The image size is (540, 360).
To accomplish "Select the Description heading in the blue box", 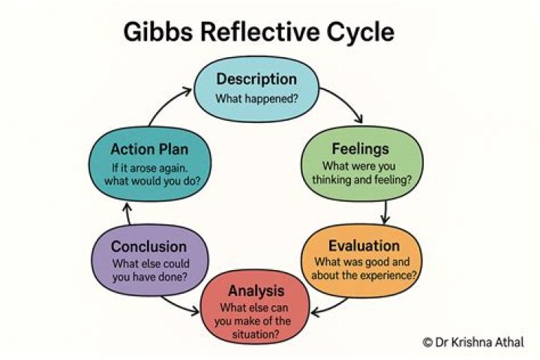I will [256, 79].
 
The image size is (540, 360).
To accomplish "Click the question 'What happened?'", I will [256, 98].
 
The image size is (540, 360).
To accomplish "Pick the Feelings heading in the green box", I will [362, 148].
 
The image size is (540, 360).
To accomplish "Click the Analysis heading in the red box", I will [256, 290].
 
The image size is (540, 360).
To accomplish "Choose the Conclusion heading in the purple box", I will [148, 246].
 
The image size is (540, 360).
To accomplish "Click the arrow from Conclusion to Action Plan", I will [127, 216].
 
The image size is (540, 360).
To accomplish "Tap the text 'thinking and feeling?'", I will [362, 181].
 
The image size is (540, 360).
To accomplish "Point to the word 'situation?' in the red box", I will [256, 335].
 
